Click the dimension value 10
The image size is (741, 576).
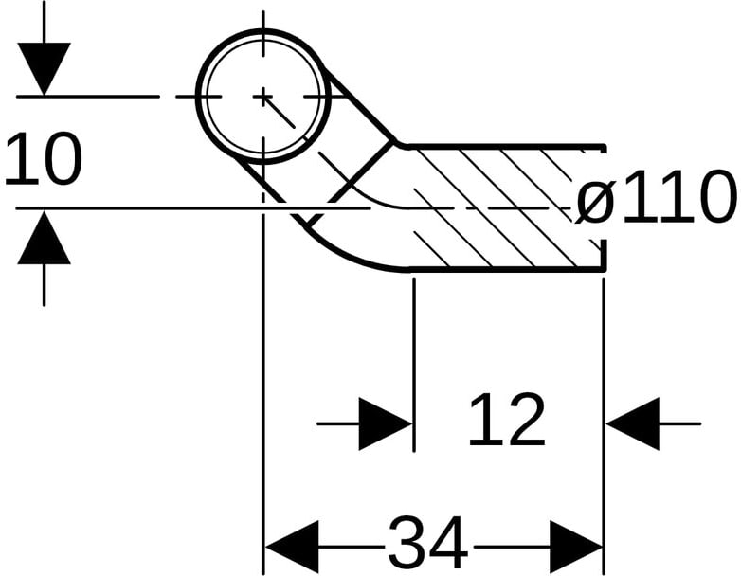pos(43,159)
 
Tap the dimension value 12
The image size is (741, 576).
pos(507,421)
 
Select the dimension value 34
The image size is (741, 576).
pos(428,545)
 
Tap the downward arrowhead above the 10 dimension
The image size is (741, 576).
pos(44,68)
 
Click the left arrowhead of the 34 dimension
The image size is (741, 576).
pos(291,547)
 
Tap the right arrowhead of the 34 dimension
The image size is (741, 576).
pos(576,547)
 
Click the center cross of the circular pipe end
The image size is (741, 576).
pos(263,96)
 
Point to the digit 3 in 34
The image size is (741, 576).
pos(407,545)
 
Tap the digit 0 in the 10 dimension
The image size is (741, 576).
pos(61,159)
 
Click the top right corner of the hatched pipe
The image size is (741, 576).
pos(604,147)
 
